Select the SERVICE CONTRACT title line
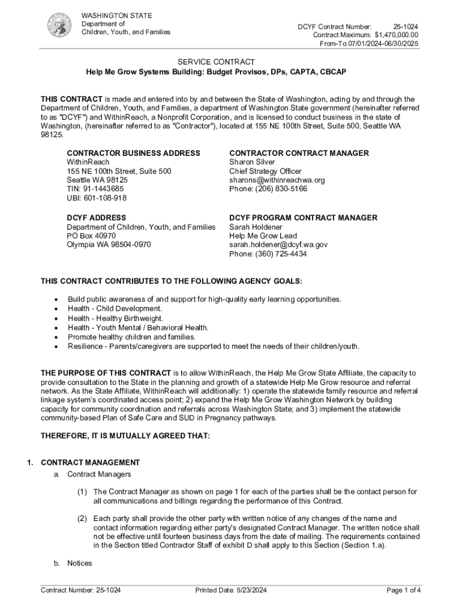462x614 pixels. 216,62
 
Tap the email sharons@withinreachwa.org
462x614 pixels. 277,180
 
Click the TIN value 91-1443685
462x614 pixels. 95,189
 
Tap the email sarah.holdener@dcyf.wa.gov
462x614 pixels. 278,245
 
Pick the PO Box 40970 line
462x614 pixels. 91,236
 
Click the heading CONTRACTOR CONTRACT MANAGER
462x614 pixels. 299,153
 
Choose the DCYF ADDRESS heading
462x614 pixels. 97,218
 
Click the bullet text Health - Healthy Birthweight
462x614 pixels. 115,318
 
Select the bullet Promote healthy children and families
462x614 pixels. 131,337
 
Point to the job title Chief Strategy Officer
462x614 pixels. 265,171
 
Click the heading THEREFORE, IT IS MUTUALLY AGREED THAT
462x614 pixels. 125,436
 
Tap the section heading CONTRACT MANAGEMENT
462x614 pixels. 90,463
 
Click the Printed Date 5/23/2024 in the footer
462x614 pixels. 231,591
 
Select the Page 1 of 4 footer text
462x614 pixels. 404,591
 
